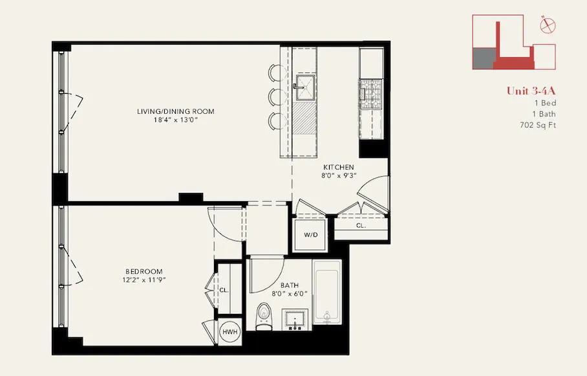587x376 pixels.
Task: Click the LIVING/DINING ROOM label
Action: (175, 111)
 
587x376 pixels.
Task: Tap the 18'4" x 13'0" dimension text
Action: (175, 120)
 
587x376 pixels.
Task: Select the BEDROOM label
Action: (144, 271)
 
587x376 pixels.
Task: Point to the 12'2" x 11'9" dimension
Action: (144, 280)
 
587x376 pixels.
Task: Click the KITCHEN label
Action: (338, 166)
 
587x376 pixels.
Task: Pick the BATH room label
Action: (289, 285)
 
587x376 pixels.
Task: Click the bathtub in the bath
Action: (330, 291)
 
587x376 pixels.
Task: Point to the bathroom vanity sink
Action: (297, 318)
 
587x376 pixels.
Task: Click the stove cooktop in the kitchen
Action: (371, 94)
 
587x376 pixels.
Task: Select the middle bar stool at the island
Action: (275, 97)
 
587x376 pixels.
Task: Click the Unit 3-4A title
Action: (531, 91)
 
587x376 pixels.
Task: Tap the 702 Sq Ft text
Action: (537, 125)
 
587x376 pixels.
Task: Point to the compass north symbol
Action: (548, 25)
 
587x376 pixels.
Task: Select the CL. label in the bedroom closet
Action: (223, 291)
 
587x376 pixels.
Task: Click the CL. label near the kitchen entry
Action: (360, 226)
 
